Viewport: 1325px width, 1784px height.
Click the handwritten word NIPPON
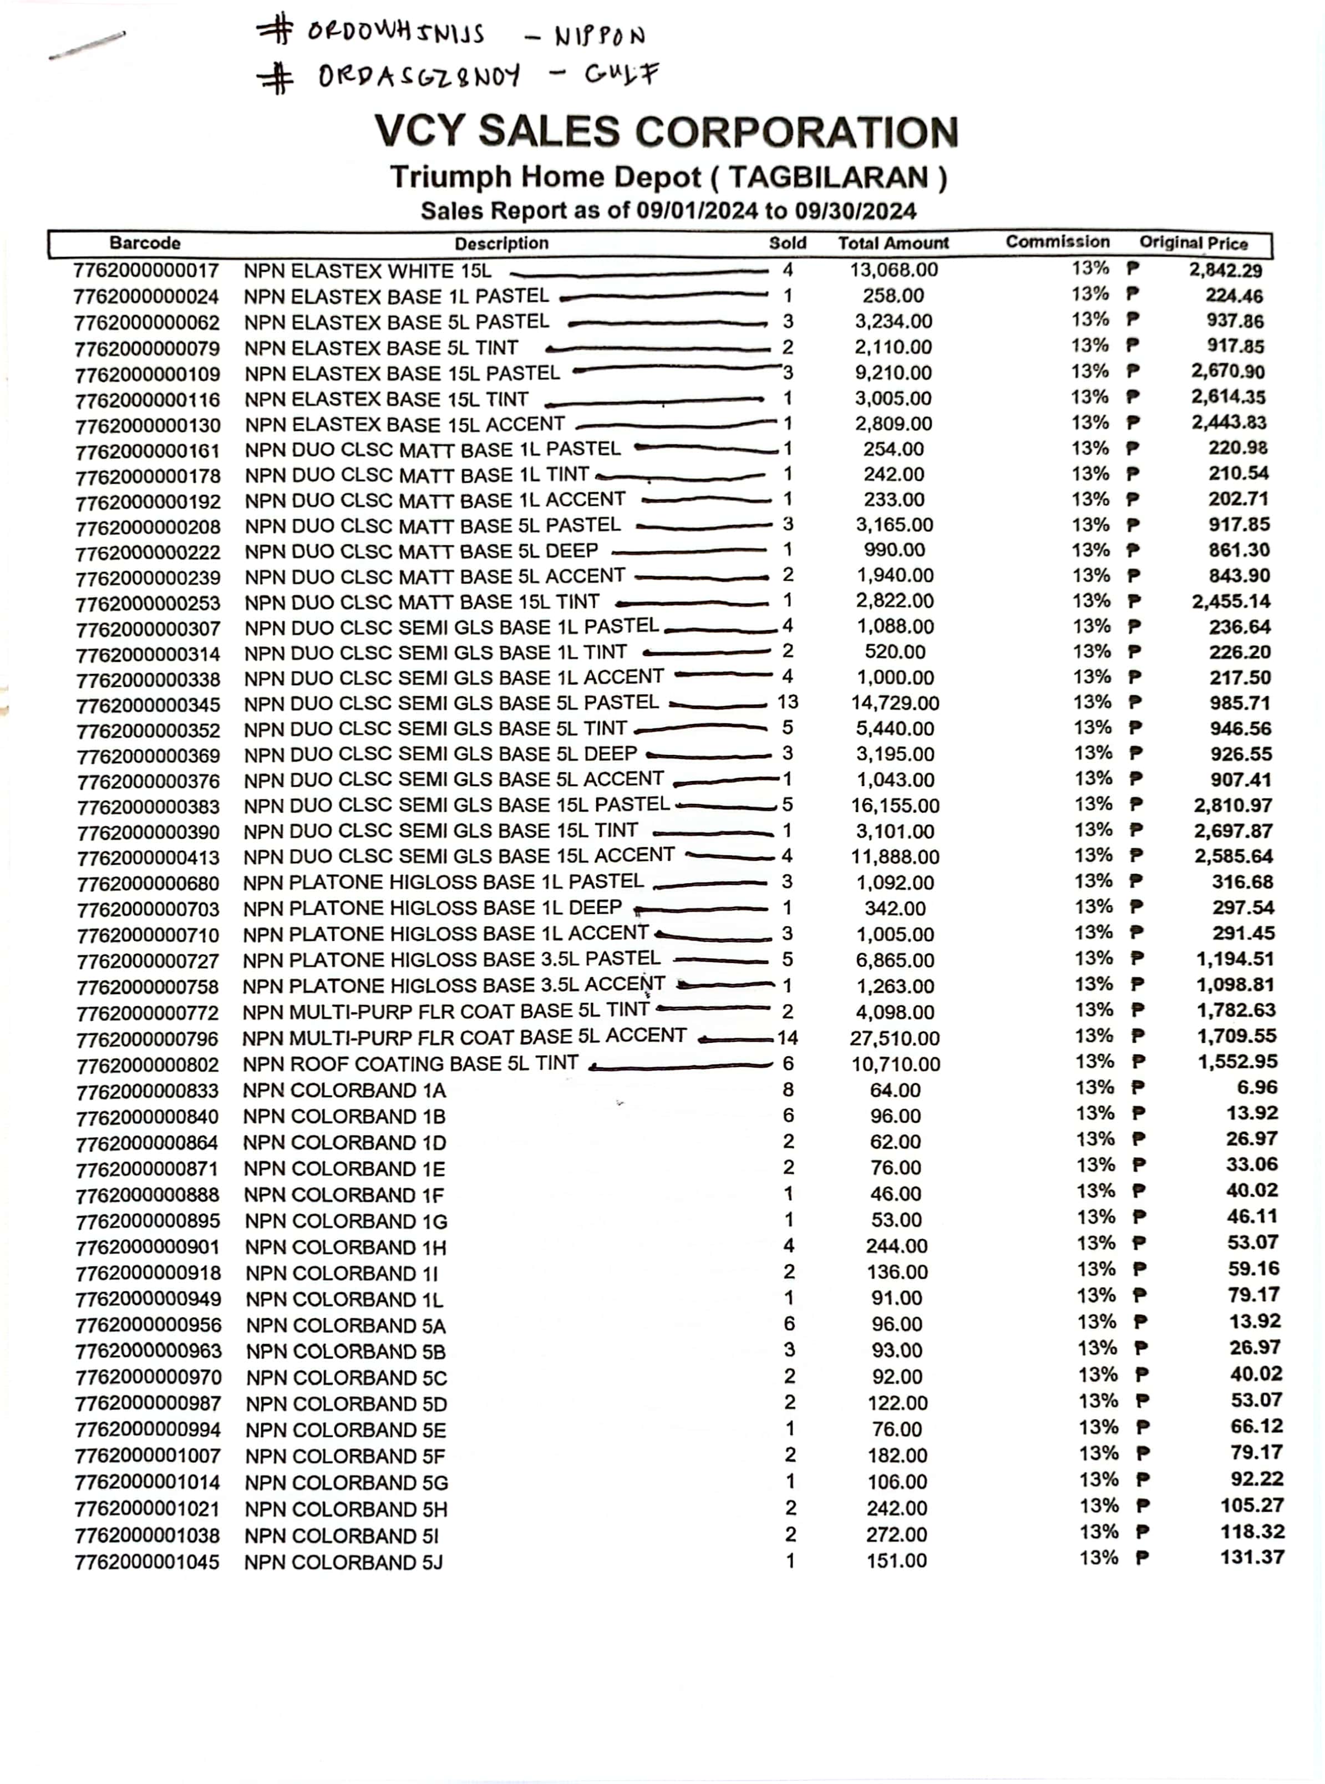[x=600, y=36]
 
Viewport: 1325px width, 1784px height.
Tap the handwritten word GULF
[x=622, y=74]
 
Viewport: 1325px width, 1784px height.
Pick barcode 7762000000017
[x=145, y=271]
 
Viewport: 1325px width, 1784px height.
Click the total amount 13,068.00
[x=894, y=270]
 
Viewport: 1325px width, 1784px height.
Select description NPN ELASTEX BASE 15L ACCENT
[x=405, y=424]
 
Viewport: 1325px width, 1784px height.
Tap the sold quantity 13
[x=787, y=702]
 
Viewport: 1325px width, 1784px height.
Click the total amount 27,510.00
[x=894, y=1038]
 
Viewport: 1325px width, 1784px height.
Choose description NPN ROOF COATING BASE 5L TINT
[x=410, y=1063]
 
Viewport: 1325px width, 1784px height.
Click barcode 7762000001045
[x=147, y=1562]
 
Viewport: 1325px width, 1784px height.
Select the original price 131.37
[x=1251, y=1557]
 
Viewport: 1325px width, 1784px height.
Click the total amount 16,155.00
[x=895, y=805]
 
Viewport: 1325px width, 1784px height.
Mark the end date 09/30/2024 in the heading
[x=855, y=211]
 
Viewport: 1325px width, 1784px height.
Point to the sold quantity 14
[x=787, y=1038]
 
